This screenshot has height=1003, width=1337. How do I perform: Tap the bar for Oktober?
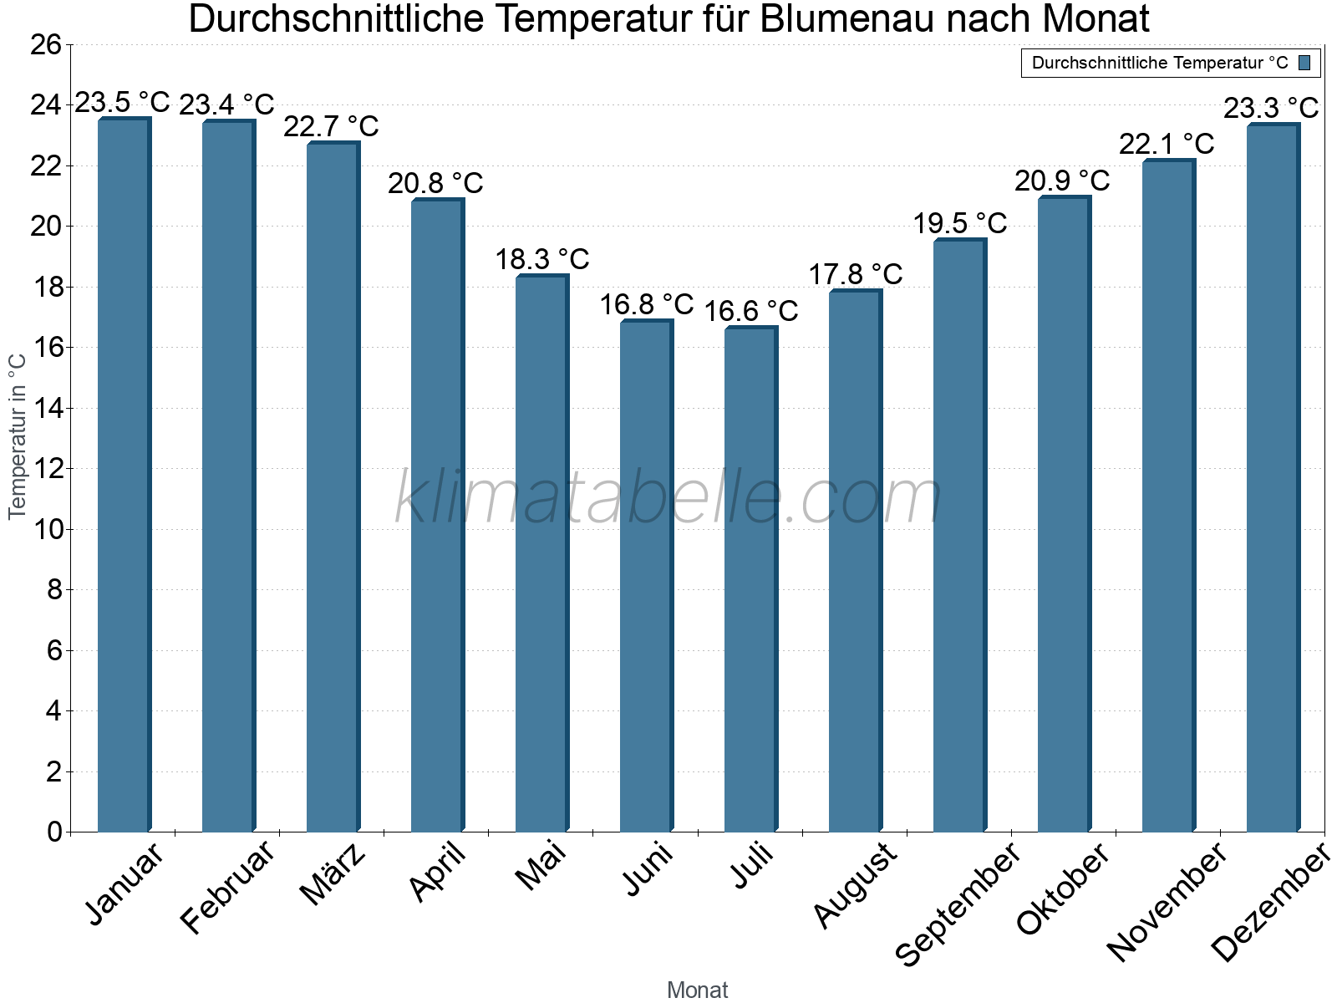click(1064, 514)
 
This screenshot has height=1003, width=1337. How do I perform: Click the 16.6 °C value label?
click(750, 311)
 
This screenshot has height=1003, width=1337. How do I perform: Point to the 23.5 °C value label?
click(122, 103)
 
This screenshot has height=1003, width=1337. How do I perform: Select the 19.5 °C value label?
click(959, 223)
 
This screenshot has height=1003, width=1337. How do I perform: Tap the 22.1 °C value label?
click(1167, 144)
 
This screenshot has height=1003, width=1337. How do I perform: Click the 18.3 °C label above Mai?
click(541, 259)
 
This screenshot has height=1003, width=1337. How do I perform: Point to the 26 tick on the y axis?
click(46, 44)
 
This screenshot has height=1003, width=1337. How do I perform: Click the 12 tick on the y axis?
click(46, 469)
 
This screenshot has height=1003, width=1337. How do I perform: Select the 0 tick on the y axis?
click(54, 832)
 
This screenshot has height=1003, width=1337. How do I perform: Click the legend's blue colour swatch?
click(1304, 63)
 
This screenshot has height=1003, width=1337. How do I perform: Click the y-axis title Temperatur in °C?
click(18, 435)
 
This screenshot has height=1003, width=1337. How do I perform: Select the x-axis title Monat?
click(698, 990)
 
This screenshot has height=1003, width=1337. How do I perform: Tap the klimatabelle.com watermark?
click(668, 498)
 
